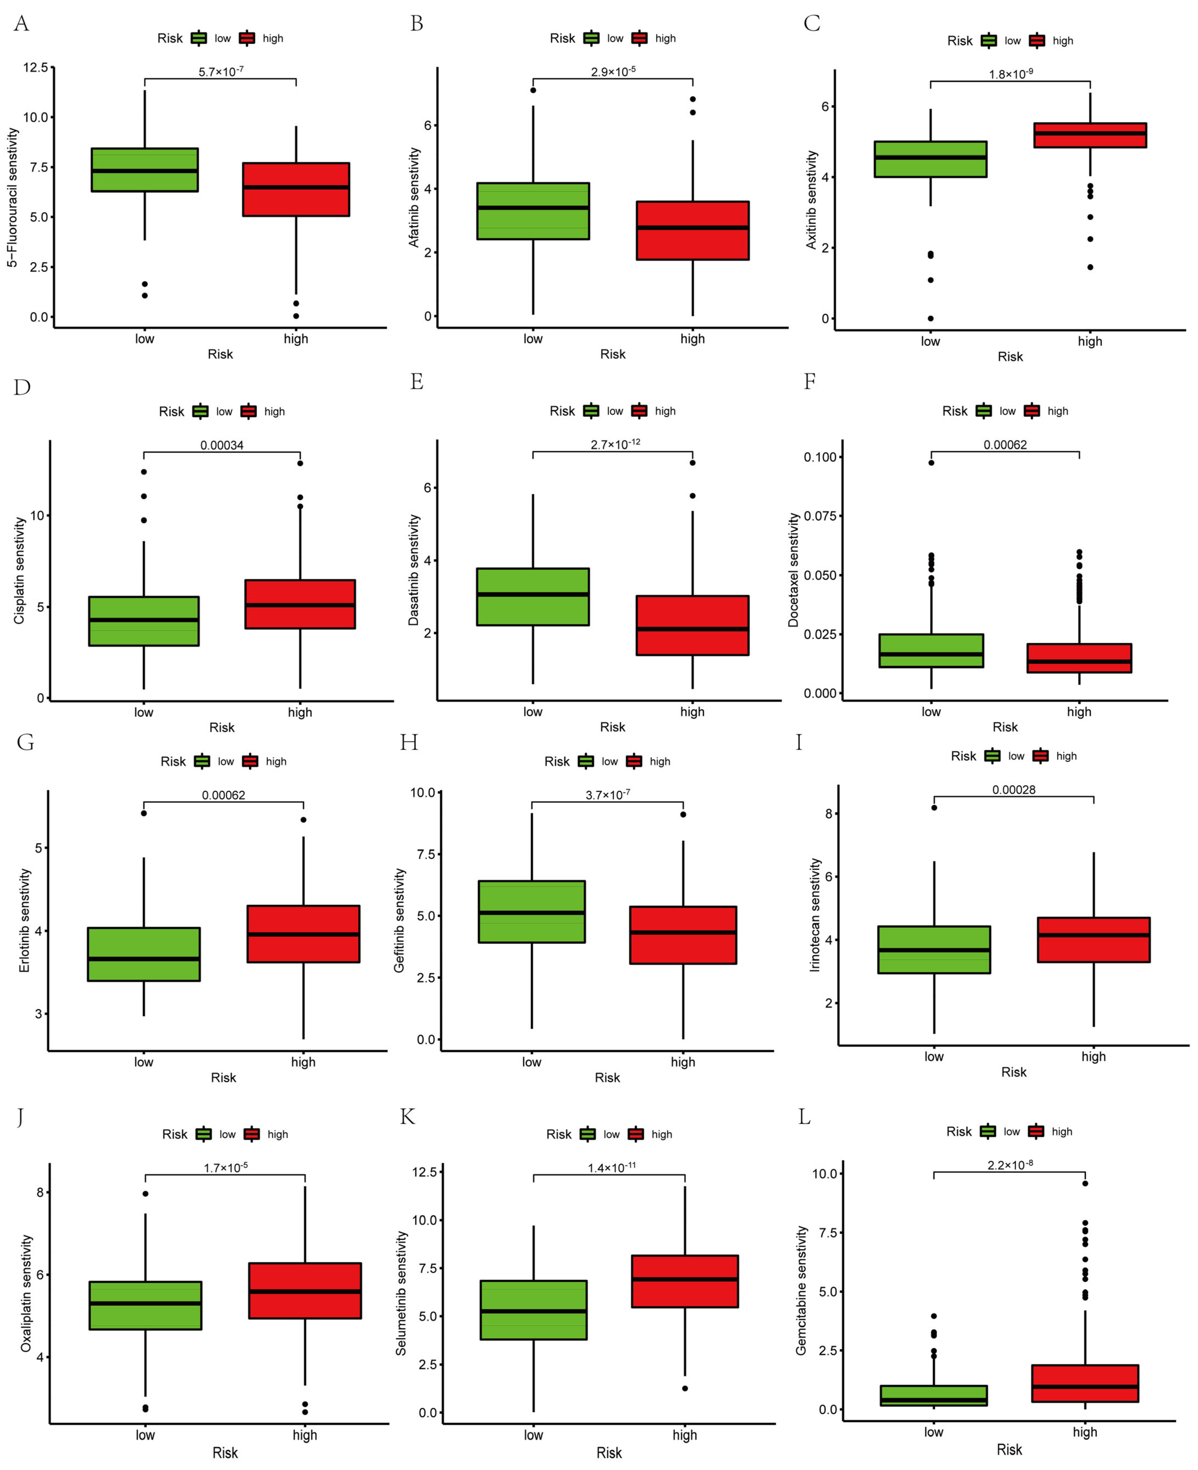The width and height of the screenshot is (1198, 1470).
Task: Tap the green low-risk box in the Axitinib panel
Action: point(930,159)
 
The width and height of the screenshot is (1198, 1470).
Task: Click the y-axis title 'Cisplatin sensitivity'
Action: point(19,571)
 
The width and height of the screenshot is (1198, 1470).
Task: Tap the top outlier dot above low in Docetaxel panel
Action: point(931,463)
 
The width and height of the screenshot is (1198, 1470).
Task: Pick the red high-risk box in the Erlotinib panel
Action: point(303,934)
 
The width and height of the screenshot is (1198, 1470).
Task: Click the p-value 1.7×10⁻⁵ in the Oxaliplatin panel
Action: point(226,1168)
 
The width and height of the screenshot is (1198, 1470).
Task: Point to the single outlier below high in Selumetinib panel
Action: point(685,1389)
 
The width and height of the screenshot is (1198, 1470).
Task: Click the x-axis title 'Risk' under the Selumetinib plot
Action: point(609,1453)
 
